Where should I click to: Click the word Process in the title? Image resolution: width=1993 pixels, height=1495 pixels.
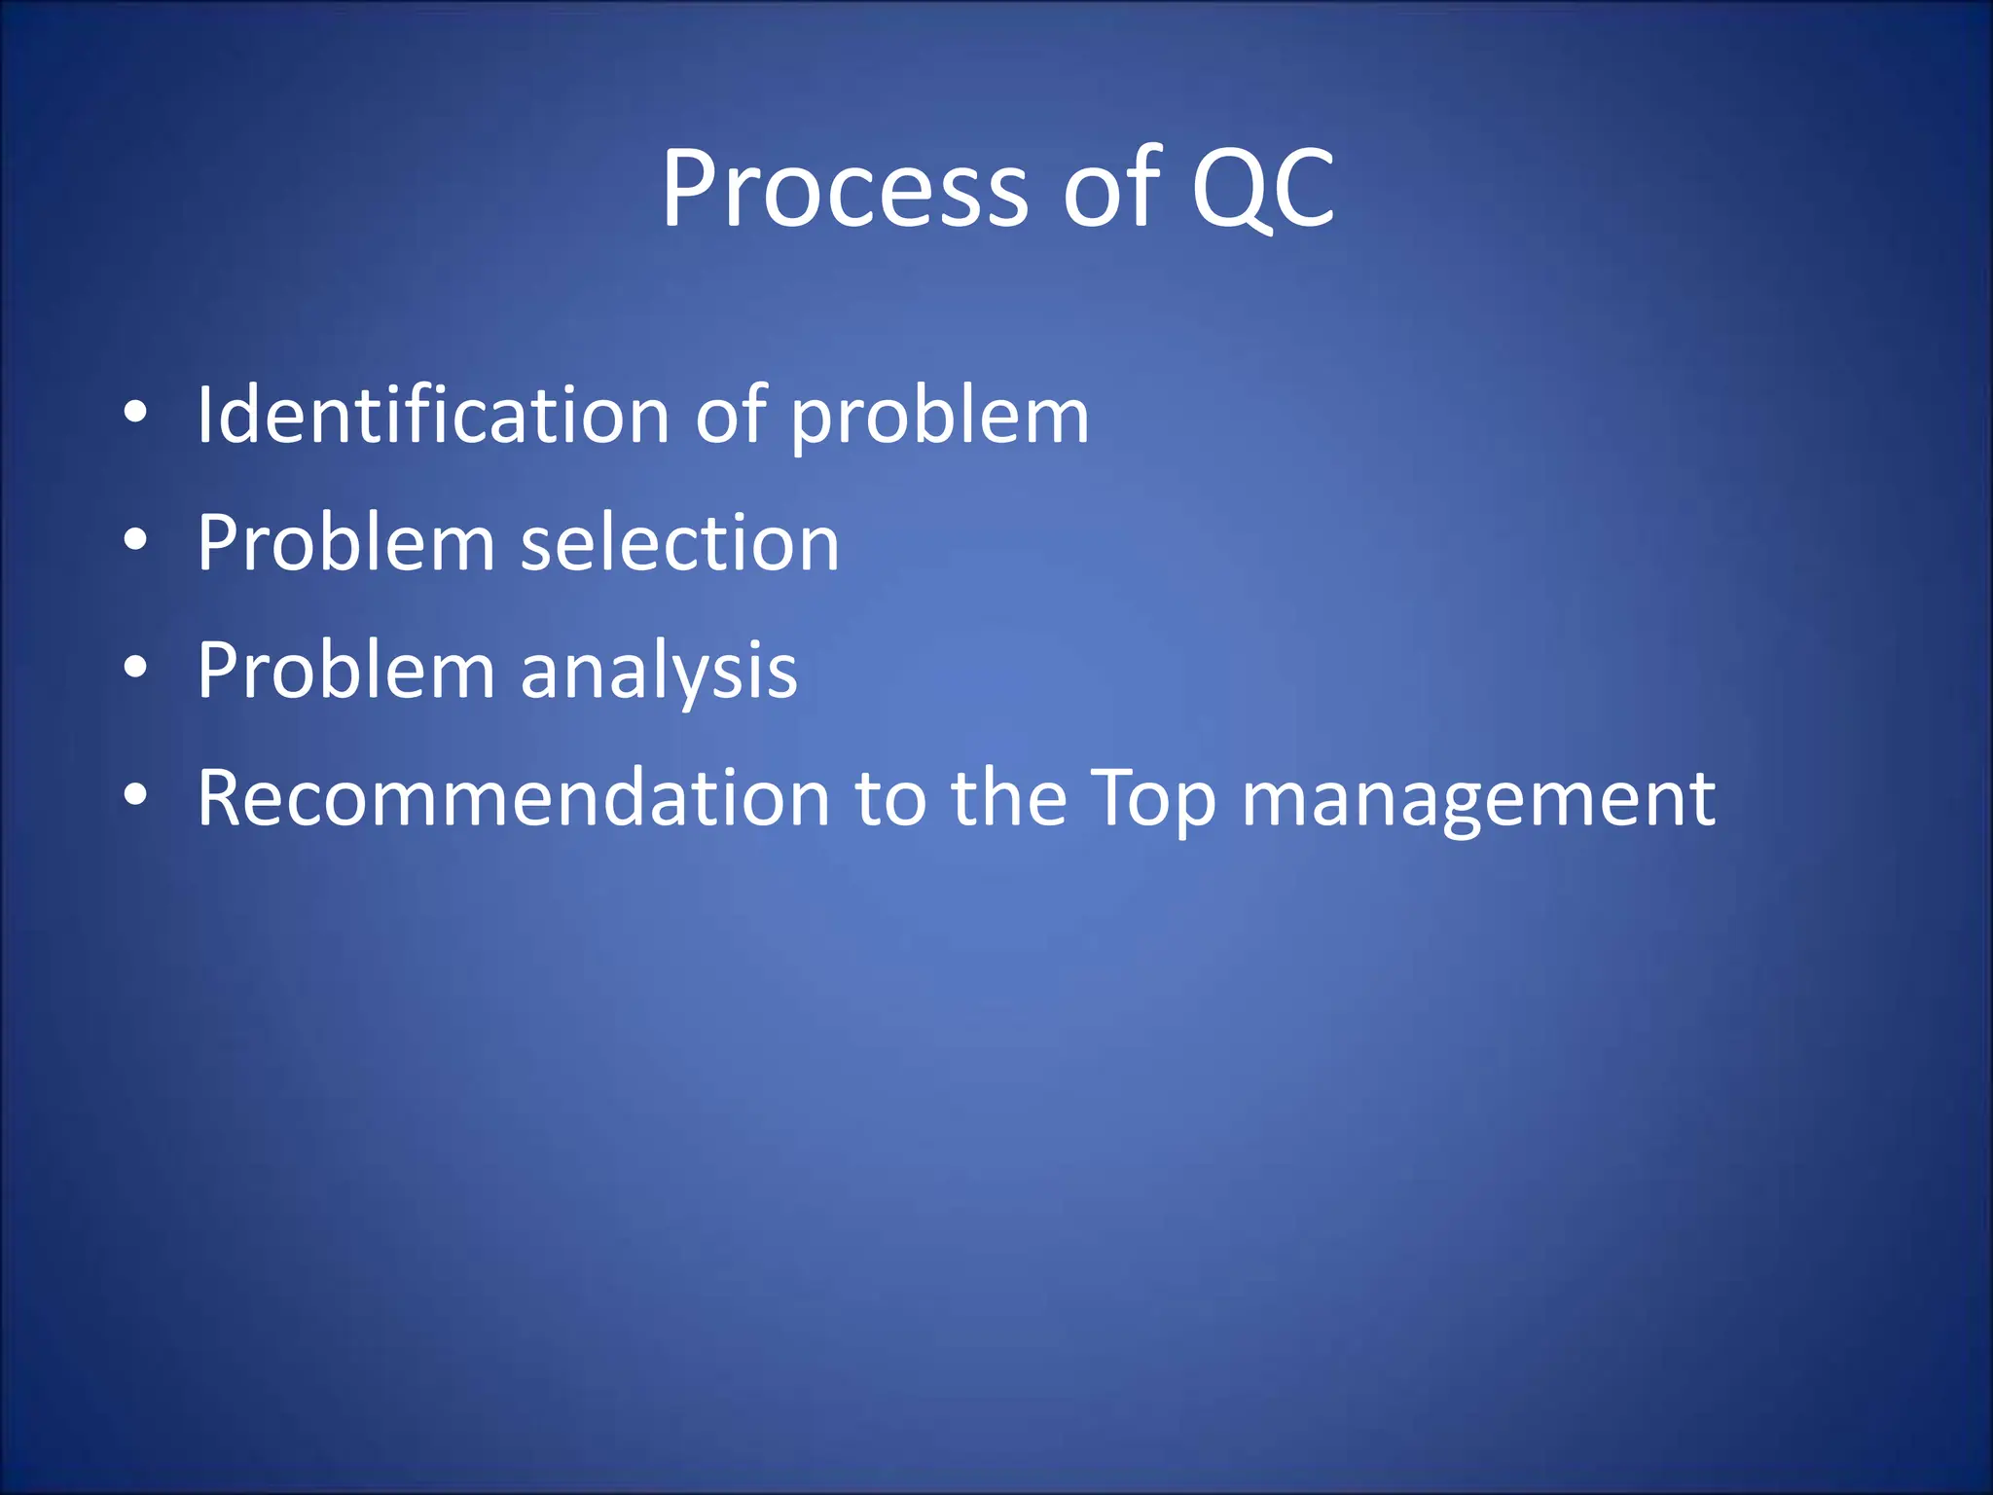tap(844, 190)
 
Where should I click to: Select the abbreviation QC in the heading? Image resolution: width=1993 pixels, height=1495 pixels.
tap(1263, 190)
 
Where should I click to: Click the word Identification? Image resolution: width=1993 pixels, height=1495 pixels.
tap(433, 416)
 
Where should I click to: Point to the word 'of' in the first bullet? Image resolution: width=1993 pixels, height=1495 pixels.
tap(730, 416)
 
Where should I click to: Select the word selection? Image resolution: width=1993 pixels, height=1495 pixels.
tap(679, 543)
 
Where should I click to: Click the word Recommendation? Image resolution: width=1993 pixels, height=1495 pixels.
tap(513, 798)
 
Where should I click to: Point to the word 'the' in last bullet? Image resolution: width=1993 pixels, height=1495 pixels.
tap(1008, 798)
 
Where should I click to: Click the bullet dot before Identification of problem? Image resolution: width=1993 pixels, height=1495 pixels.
tap(135, 413)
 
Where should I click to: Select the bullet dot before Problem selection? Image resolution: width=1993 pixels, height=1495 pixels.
tap(135, 540)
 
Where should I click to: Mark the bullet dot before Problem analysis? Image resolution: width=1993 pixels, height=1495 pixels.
tap(135, 668)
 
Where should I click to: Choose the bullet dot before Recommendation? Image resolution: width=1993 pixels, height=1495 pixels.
tap(135, 795)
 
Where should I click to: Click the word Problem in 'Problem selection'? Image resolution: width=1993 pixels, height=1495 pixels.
tap(345, 543)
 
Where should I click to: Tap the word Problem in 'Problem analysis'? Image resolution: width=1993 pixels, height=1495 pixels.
tap(345, 672)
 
